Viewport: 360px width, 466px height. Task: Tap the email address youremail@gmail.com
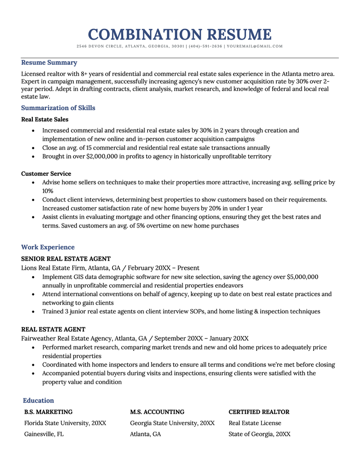click(x=255, y=46)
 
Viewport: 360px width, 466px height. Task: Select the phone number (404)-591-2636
click(x=206, y=46)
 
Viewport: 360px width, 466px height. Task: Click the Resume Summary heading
click(x=49, y=63)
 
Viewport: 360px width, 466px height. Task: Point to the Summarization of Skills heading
click(x=58, y=108)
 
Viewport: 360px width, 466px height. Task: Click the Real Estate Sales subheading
click(x=45, y=120)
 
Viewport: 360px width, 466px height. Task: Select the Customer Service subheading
click(x=46, y=174)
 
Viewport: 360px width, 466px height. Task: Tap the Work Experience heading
click(x=48, y=247)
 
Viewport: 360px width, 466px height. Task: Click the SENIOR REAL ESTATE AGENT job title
click(x=66, y=259)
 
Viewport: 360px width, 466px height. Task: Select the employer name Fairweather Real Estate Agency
click(x=66, y=338)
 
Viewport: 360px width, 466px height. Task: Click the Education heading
click(x=38, y=400)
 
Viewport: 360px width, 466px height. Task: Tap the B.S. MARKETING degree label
click(x=48, y=412)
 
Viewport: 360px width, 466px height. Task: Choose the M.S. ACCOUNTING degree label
click(x=157, y=412)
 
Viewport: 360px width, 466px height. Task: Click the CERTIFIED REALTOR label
click(x=259, y=412)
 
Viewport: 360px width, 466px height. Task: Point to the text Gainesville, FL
click(x=44, y=434)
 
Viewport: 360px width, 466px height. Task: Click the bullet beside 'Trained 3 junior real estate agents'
click(x=34, y=311)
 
